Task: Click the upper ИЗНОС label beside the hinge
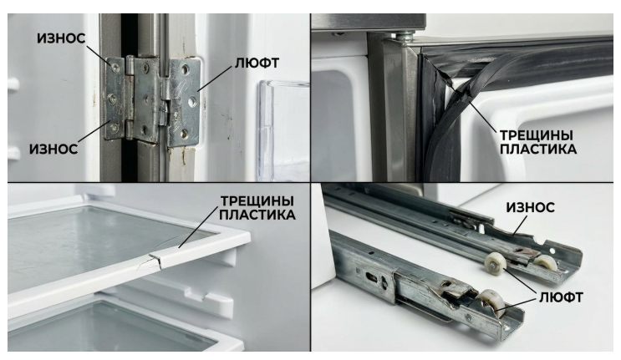coord(61,38)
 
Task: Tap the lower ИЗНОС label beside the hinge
coord(53,150)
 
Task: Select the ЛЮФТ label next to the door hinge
coord(257,63)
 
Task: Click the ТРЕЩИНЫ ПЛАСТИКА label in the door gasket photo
coord(537,142)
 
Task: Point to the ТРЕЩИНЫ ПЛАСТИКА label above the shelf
coord(257,208)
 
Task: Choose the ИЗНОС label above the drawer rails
coord(530,207)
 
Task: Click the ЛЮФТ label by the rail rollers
coord(561,297)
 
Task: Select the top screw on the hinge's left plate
coord(115,68)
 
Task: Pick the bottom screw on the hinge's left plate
coord(115,128)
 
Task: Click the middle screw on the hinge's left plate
coord(113,98)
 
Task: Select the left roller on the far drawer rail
coord(496,262)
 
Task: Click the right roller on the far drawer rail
coord(546,262)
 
